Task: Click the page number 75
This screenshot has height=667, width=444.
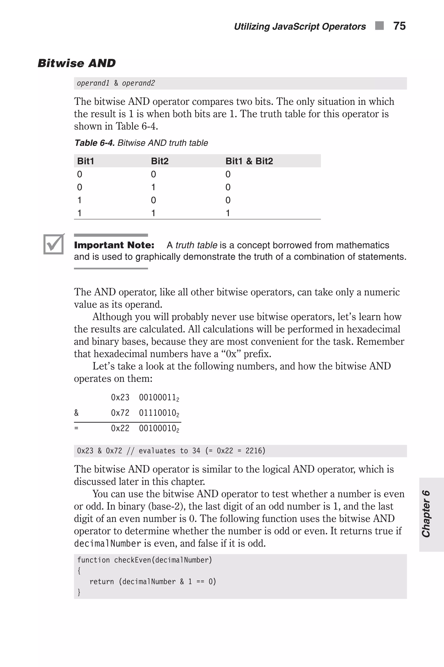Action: (399, 26)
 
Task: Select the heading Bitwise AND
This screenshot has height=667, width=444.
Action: (77, 63)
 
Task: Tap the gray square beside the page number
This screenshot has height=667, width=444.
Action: (379, 26)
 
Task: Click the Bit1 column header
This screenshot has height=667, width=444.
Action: (85, 161)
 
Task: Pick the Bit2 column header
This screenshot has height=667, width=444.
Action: (160, 161)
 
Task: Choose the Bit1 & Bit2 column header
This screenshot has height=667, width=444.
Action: (249, 161)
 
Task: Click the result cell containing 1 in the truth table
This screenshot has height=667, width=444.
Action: (228, 213)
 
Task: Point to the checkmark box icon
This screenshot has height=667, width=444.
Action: (54, 244)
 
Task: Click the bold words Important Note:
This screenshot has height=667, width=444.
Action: (114, 245)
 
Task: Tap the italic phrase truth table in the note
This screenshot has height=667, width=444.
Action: (196, 245)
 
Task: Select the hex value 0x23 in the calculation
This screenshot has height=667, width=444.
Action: (120, 398)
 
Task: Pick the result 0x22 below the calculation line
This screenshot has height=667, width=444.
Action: (120, 428)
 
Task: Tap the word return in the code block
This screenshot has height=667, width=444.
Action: (102, 582)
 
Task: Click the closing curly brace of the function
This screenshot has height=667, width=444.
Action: (79, 592)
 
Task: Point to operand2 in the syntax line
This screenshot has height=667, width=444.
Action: (139, 83)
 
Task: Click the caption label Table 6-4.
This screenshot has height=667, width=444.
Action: (95, 143)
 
